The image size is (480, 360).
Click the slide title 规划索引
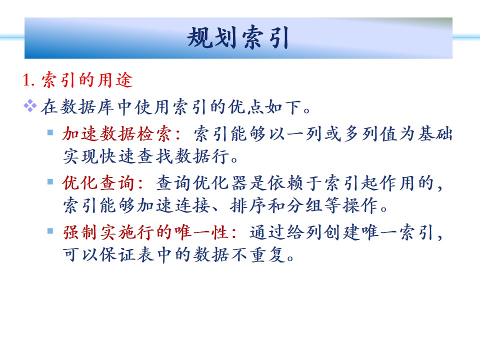238,37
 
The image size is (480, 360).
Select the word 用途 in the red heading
115,80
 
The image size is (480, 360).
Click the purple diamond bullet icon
30,106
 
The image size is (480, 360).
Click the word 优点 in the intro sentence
246,107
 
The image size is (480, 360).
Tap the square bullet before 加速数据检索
50,132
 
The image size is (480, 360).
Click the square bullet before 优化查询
50,182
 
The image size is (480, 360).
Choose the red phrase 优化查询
98,183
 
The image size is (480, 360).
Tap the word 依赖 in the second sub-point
285,183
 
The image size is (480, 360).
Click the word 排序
248,205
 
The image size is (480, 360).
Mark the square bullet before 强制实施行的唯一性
50,231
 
